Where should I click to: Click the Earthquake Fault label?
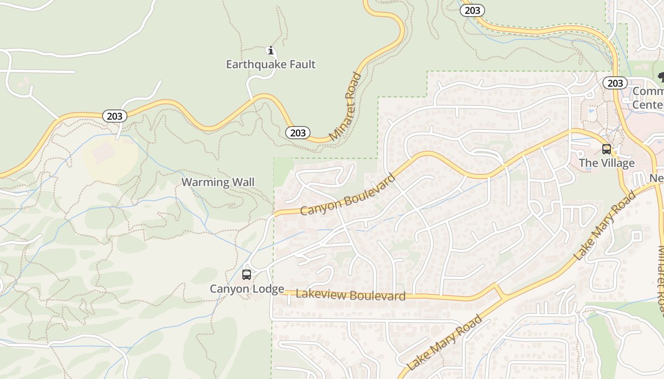(270, 64)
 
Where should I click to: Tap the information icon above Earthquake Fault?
(271, 50)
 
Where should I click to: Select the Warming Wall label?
(218, 182)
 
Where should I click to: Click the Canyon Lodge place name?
(247, 289)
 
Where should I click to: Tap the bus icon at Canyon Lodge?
(246, 275)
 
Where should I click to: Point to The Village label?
(606, 163)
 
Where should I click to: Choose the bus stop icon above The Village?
(606, 149)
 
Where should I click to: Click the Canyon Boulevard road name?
(348, 195)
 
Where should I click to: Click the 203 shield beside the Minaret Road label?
(298, 133)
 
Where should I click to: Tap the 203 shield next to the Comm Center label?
(615, 83)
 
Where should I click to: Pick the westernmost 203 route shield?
(114, 116)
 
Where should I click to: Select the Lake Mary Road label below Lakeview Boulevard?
(444, 343)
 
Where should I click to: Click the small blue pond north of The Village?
(590, 113)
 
